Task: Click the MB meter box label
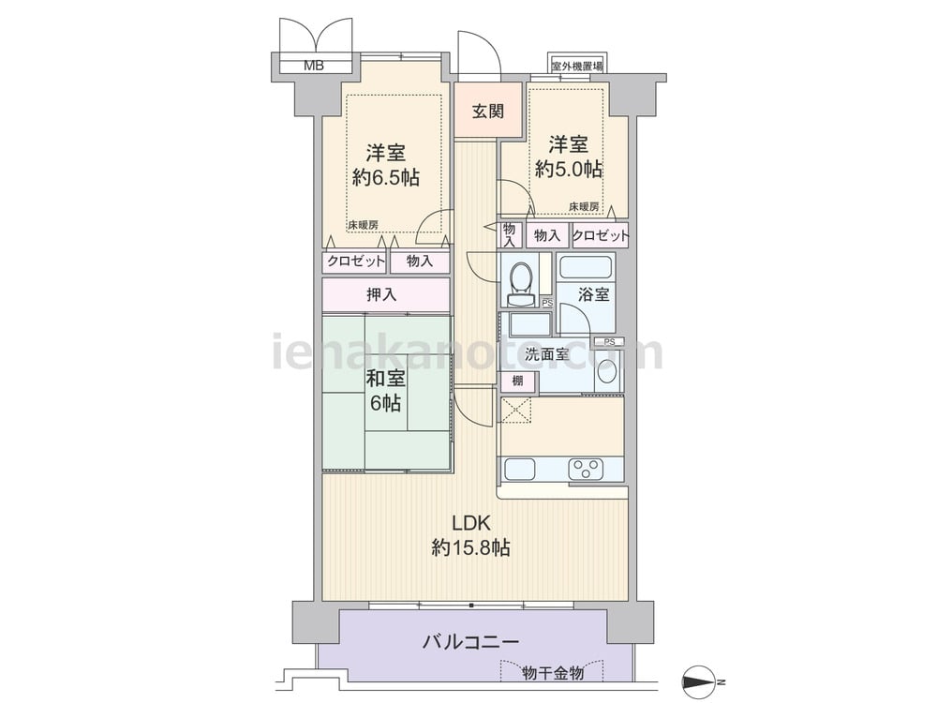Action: coord(314,66)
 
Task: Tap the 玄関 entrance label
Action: coord(488,112)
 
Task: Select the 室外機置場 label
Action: coord(576,67)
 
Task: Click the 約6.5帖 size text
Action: coord(385,177)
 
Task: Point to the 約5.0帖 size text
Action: coord(569,169)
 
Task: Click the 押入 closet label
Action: coord(381,294)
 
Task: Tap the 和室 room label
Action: coord(385,379)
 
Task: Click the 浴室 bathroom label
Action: coord(593,294)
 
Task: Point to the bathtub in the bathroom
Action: coord(586,268)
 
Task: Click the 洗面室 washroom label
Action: coord(546,354)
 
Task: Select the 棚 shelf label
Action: coord(517,381)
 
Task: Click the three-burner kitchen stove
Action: coord(587,469)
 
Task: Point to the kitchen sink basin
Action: coord(520,469)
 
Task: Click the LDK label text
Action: coord(471,524)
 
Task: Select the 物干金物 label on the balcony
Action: coord(553,673)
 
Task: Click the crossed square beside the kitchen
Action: coord(516,410)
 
